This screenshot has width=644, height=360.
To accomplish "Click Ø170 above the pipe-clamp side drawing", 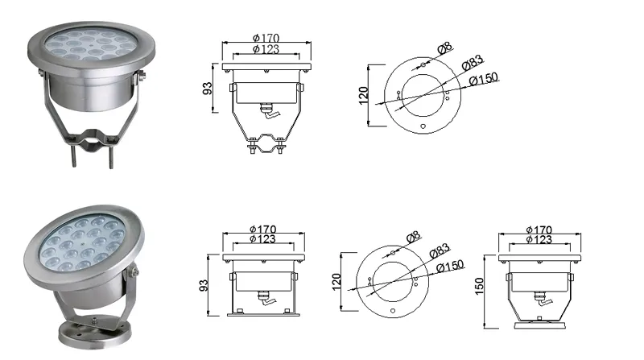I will (266, 38).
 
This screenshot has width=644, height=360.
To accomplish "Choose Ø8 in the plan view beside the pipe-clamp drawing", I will (443, 50).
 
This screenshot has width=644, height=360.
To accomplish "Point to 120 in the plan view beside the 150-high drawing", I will (338, 281).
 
